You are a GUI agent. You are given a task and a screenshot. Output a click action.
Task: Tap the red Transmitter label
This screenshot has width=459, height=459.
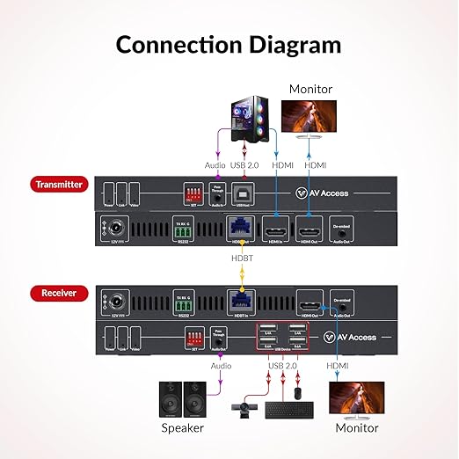coord(57,184)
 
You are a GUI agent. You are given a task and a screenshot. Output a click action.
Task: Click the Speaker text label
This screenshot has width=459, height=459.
coord(183,427)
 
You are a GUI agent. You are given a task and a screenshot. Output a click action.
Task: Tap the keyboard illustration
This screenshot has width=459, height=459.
coord(288,409)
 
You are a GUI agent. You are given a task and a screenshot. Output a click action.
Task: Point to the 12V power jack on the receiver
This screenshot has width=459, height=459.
coord(113,301)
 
